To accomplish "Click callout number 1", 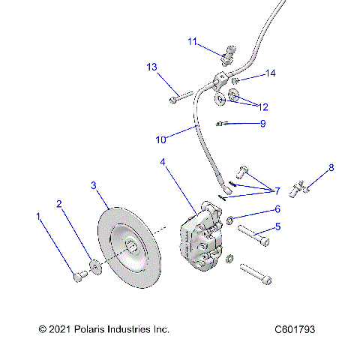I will [38, 217].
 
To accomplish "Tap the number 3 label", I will [94, 184].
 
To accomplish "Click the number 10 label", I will [161, 139].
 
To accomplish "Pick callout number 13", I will [151, 67].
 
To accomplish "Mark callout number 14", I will [271, 73].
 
